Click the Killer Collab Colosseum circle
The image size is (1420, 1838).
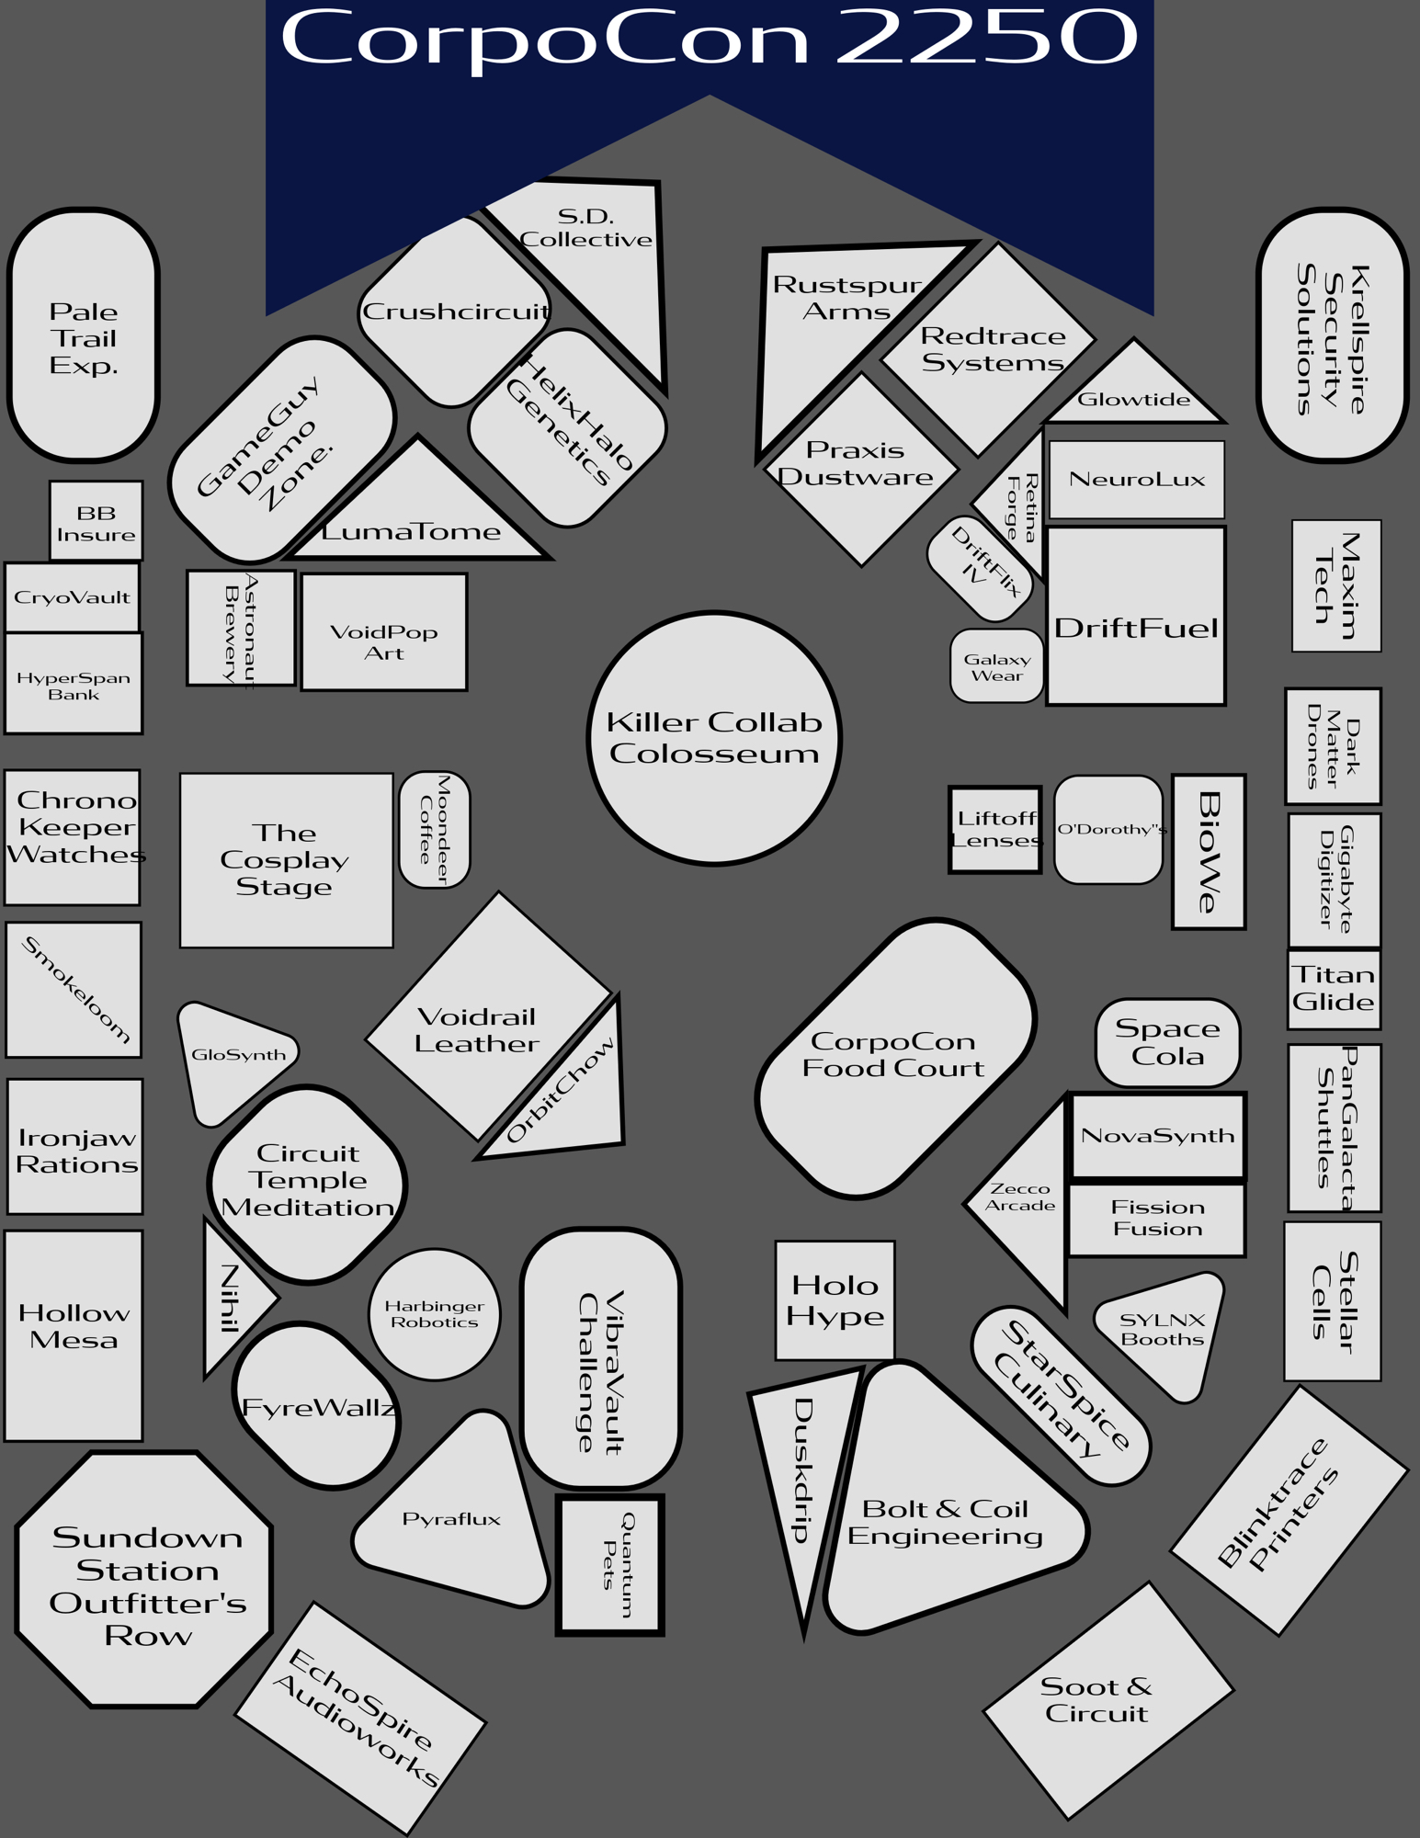pos(714,738)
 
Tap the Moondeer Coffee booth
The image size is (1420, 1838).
pos(435,830)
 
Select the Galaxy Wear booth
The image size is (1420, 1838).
pos(996,667)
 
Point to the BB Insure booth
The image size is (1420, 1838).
pos(96,522)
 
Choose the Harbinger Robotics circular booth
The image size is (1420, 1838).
pos(435,1314)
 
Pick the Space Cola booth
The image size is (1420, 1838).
pos(1167,1043)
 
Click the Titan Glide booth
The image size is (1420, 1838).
pos(1334,989)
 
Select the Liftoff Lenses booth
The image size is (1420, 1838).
pos(995,830)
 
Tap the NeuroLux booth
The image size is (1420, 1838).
pos(1136,479)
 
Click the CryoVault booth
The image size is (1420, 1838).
pos(72,597)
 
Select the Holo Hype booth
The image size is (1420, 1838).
pos(835,1300)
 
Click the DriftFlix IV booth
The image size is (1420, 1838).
pos(980,567)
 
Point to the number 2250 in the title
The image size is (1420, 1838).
pos(986,39)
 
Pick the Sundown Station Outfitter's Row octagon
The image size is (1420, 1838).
pos(145,1579)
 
